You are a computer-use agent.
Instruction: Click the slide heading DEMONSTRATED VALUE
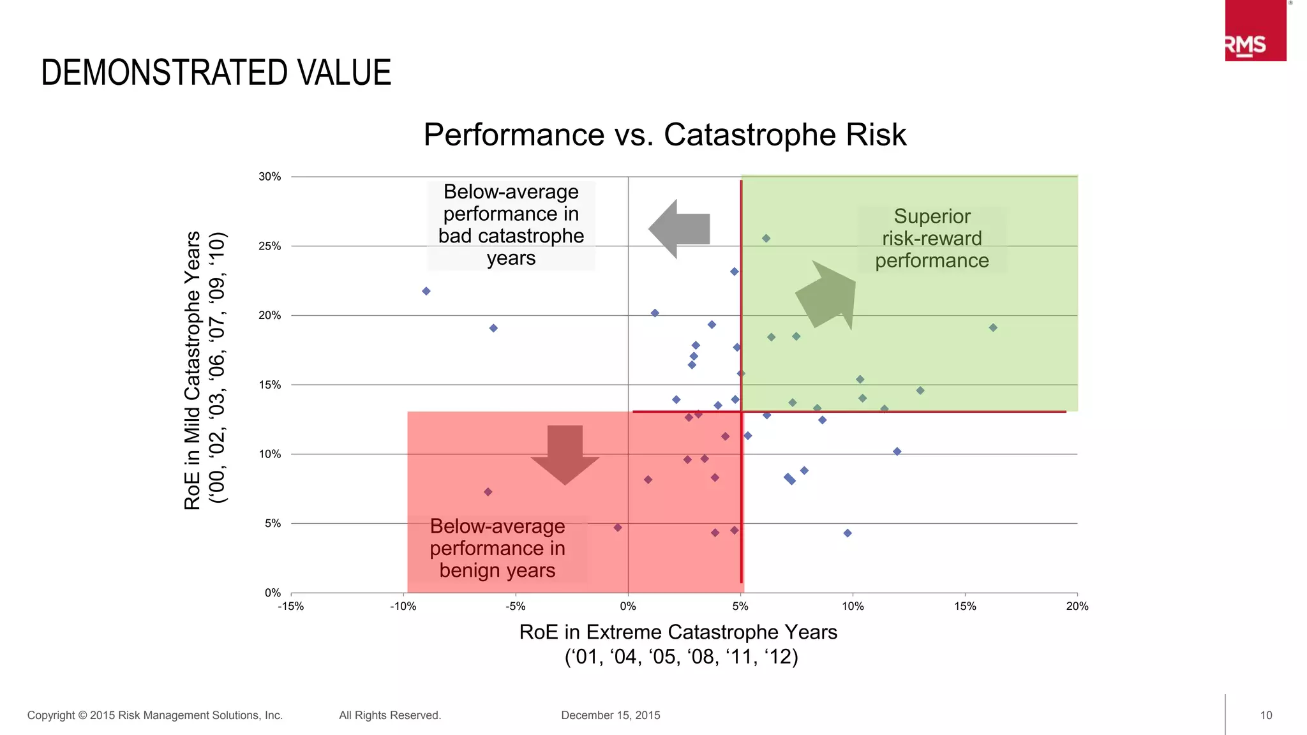pyautogui.click(x=216, y=72)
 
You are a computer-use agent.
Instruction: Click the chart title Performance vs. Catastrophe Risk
pyautogui.click(x=664, y=135)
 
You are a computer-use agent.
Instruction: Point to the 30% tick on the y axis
pyautogui.click(x=269, y=177)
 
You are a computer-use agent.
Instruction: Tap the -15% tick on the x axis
pyautogui.click(x=291, y=606)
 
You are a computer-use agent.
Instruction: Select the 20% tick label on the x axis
pyautogui.click(x=1077, y=606)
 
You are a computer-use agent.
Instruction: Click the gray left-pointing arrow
pyautogui.click(x=680, y=229)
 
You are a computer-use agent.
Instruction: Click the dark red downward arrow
pyautogui.click(x=565, y=453)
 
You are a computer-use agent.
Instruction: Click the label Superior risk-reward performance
pyautogui.click(x=932, y=239)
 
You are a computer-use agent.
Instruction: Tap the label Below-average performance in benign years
pyautogui.click(x=497, y=548)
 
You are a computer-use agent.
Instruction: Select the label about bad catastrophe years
pyautogui.click(x=511, y=225)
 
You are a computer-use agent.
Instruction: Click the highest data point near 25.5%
pyautogui.click(x=766, y=239)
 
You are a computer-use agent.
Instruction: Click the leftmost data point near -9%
pyautogui.click(x=426, y=291)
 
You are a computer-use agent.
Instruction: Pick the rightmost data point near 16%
pyautogui.click(x=993, y=328)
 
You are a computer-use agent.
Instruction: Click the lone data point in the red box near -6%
pyautogui.click(x=488, y=492)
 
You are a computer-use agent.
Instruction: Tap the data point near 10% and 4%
pyautogui.click(x=848, y=533)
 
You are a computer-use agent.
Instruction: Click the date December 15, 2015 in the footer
pyautogui.click(x=610, y=715)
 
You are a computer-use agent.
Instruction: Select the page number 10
pyautogui.click(x=1266, y=715)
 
